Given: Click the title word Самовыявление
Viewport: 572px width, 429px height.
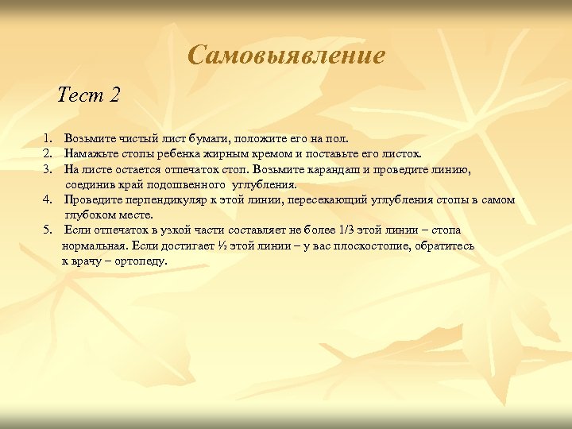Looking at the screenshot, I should pyautogui.click(x=287, y=55).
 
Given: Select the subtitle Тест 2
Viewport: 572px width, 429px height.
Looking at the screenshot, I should pyautogui.click(x=89, y=95).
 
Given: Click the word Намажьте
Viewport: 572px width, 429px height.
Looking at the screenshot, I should pyautogui.click(x=90, y=153).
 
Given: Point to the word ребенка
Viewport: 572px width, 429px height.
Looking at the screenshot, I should pyautogui.click(x=185, y=153).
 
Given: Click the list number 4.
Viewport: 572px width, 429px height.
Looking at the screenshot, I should pyautogui.click(x=48, y=200).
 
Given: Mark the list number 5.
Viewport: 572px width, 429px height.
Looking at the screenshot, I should pyautogui.click(x=48, y=230).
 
